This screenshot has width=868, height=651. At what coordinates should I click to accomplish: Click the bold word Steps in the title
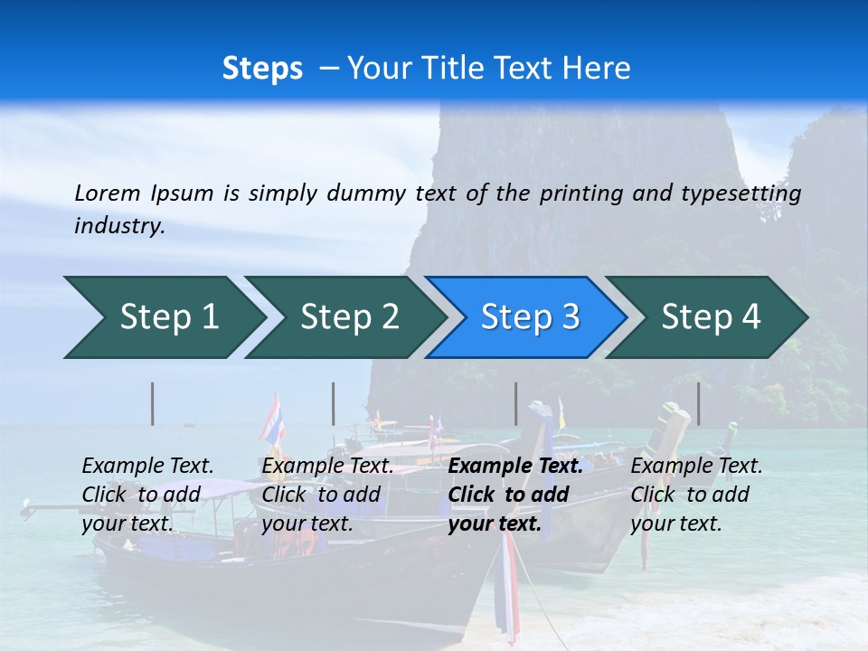[x=262, y=68]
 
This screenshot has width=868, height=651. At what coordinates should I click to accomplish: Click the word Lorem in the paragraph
[x=107, y=193]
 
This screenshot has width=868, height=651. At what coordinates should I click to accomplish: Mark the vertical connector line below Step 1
[x=153, y=403]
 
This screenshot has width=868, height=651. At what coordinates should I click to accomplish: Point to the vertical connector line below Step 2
[x=334, y=403]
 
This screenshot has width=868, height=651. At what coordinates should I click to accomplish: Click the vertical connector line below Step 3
[x=515, y=403]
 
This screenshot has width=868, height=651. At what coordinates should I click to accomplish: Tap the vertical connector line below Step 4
[x=698, y=403]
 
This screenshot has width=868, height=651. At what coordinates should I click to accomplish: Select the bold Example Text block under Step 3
[x=511, y=495]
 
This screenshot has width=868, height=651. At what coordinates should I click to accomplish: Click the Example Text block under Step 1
[x=146, y=495]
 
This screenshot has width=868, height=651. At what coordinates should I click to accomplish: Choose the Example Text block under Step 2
[x=326, y=495]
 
